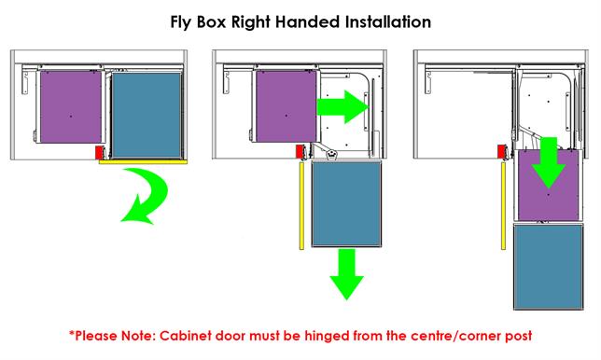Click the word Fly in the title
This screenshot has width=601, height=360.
point(184,19)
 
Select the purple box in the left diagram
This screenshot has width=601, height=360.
point(69,110)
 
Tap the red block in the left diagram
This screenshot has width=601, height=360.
point(98,151)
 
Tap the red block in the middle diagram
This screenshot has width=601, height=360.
point(300,151)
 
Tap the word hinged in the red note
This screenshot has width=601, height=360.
point(336,333)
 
